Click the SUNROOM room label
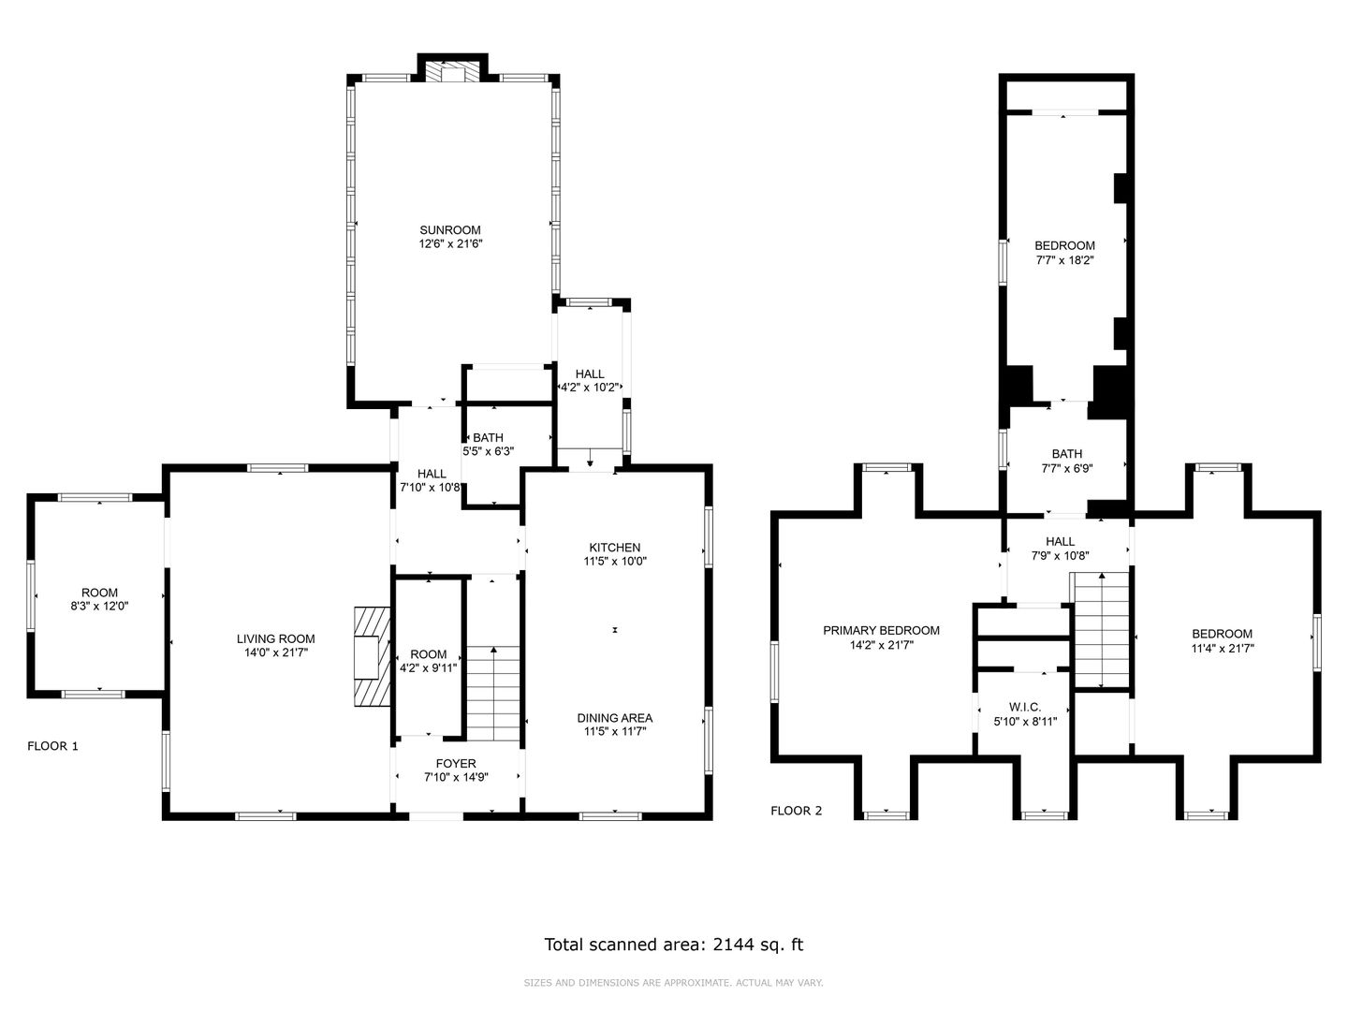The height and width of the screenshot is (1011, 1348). point(450,230)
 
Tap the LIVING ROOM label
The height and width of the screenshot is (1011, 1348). point(276,639)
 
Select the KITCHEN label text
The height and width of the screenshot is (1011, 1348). point(615,548)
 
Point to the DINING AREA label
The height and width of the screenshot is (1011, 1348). point(615,718)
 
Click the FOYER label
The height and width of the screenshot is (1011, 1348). point(456,764)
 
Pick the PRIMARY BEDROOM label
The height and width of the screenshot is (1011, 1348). point(881,630)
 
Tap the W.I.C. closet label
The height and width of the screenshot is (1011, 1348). point(1025,708)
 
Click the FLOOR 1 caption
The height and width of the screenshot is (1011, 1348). point(52,746)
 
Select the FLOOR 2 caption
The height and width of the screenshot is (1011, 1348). point(796,811)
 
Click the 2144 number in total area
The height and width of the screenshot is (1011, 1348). point(733,945)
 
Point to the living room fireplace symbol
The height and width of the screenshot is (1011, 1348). point(373,657)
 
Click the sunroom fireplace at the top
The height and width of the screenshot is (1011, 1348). point(452,70)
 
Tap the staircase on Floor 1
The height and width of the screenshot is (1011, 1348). point(493,694)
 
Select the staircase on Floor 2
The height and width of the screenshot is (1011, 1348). point(1102,630)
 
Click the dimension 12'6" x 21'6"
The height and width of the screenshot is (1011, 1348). point(451,244)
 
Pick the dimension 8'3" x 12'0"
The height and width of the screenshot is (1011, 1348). point(99,607)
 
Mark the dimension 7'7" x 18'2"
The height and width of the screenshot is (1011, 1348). point(1064,260)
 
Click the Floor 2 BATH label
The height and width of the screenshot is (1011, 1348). point(1067,454)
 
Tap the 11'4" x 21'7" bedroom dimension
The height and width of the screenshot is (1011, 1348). point(1223,648)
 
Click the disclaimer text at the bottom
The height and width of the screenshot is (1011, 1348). point(673,983)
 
